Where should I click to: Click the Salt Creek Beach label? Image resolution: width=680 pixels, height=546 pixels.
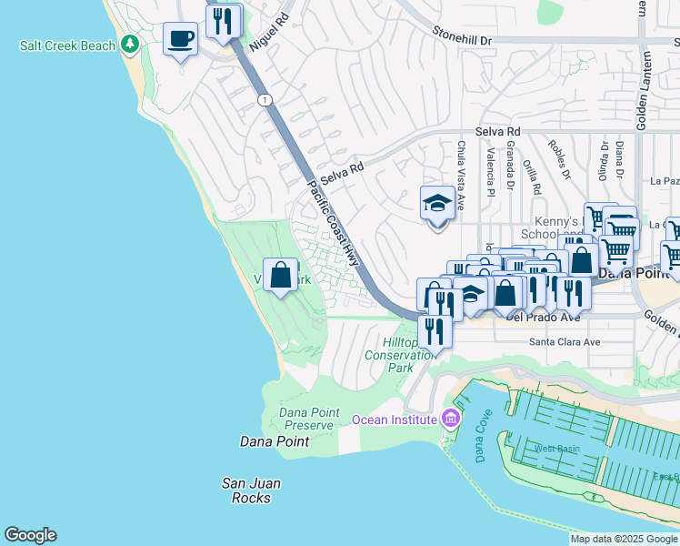tap(68, 45)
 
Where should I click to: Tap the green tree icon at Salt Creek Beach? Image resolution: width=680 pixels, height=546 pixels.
tap(130, 44)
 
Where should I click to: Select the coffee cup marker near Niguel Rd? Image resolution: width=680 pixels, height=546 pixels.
tap(180, 39)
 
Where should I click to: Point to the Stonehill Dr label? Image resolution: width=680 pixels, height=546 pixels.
tap(461, 41)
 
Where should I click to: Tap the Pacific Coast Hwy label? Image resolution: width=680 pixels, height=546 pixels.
tap(331, 218)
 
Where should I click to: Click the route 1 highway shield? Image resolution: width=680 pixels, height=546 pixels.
tap(264, 99)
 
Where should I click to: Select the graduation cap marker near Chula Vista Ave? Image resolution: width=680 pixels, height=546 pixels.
tap(437, 204)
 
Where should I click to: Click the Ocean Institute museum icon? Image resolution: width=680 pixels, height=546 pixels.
tap(448, 419)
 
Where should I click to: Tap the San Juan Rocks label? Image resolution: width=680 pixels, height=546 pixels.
tap(251, 490)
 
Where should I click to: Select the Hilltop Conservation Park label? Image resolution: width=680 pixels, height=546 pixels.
tap(400, 355)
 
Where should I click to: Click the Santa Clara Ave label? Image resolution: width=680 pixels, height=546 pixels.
tap(565, 342)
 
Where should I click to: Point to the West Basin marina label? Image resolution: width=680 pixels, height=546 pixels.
tap(556, 449)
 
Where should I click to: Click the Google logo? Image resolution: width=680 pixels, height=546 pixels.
tap(30, 535)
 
